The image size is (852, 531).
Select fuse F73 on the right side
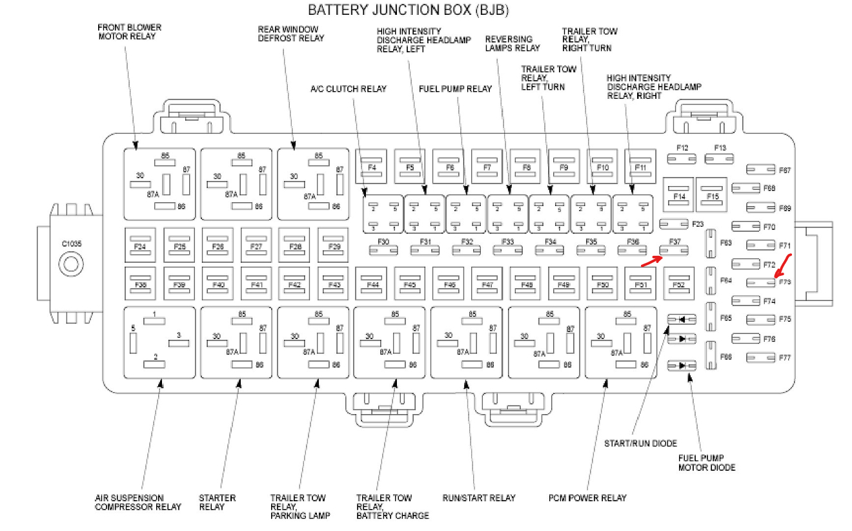click(x=761, y=282)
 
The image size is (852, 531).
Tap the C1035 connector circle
click(x=71, y=263)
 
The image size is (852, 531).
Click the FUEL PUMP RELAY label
click(x=455, y=89)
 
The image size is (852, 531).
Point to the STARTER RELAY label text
click(x=217, y=502)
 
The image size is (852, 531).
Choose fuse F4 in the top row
click(x=371, y=166)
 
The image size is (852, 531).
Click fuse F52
click(x=678, y=284)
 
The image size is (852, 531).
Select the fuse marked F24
click(x=140, y=246)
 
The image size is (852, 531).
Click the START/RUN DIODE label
click(x=640, y=443)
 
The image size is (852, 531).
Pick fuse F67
click(x=761, y=170)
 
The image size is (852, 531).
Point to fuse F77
click(x=761, y=357)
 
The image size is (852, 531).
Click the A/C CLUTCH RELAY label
click(x=349, y=89)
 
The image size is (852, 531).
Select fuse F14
click(x=679, y=194)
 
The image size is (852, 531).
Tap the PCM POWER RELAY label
click(x=587, y=497)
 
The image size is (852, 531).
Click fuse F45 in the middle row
click(x=410, y=284)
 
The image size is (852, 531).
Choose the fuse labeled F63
click(x=711, y=243)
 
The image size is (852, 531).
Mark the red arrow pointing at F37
click(x=651, y=261)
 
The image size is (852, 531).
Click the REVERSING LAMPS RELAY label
click(x=512, y=43)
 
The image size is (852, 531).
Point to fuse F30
click(x=383, y=249)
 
